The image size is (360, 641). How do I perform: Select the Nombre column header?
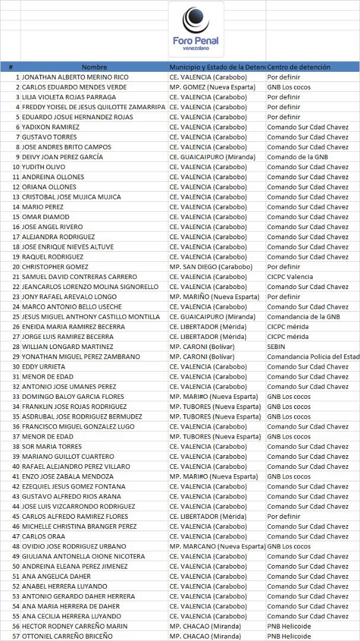tap(94, 67)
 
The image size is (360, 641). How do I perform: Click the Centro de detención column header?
tap(299, 67)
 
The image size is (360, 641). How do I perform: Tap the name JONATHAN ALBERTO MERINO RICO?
tap(75, 77)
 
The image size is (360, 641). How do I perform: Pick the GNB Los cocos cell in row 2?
tap(289, 87)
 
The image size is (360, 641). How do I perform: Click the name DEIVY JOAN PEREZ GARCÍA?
tap(62, 157)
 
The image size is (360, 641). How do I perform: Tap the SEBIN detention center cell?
tap(276, 347)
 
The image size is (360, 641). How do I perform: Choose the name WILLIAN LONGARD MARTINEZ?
tap(68, 347)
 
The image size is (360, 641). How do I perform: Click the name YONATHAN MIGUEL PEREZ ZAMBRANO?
tap(81, 357)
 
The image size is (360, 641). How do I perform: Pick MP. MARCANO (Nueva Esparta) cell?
tap(217, 546)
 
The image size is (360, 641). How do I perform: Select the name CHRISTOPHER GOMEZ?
tap(55, 266)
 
